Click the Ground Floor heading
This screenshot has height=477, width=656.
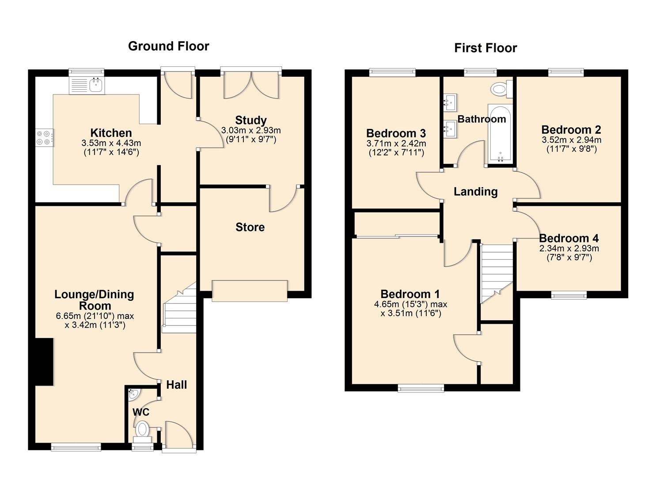point(168,46)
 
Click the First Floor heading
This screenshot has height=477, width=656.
point(485,48)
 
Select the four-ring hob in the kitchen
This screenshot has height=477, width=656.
point(44,137)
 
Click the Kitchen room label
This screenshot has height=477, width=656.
point(111,132)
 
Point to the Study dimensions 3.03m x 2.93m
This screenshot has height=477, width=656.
point(250,135)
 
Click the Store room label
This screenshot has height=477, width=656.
point(250,227)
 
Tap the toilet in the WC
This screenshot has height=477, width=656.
point(142,429)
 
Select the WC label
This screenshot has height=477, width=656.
point(141,412)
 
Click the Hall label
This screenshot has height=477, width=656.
point(176,385)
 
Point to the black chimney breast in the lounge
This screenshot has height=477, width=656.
point(44,362)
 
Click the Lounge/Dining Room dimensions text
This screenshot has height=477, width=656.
point(95,321)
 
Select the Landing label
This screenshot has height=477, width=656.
point(475,191)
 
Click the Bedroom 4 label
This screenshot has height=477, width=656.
point(569,238)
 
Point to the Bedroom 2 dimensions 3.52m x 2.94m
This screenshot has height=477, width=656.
point(571,144)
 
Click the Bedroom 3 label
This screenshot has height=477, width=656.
point(396,133)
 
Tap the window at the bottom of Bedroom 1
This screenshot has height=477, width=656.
point(421,388)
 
